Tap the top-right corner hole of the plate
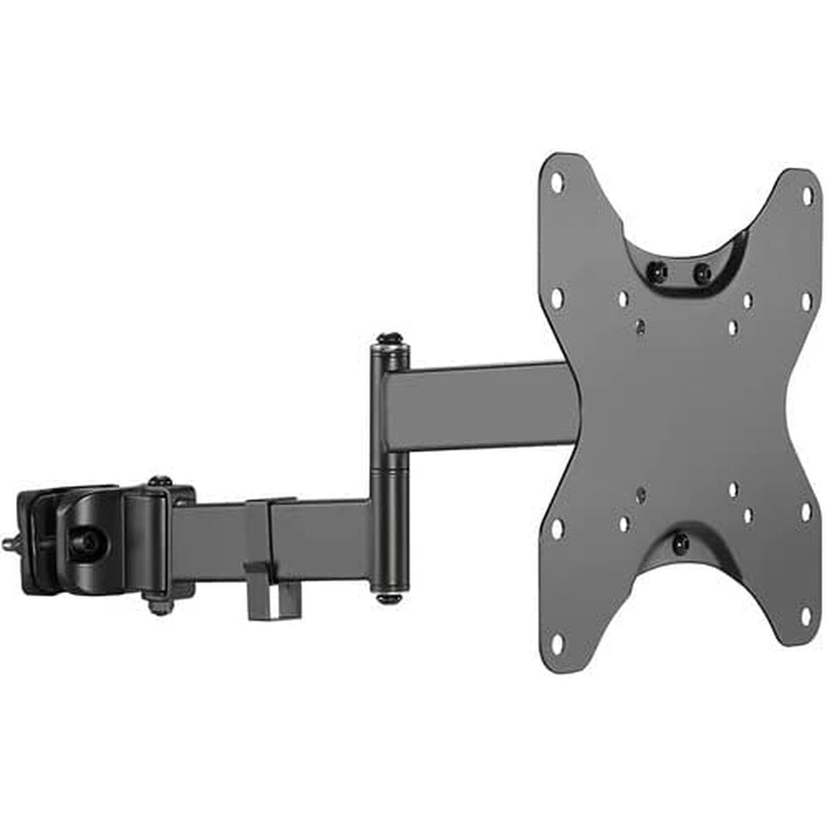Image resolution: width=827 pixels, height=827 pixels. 806,197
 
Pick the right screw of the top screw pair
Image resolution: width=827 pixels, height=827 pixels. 702,272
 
